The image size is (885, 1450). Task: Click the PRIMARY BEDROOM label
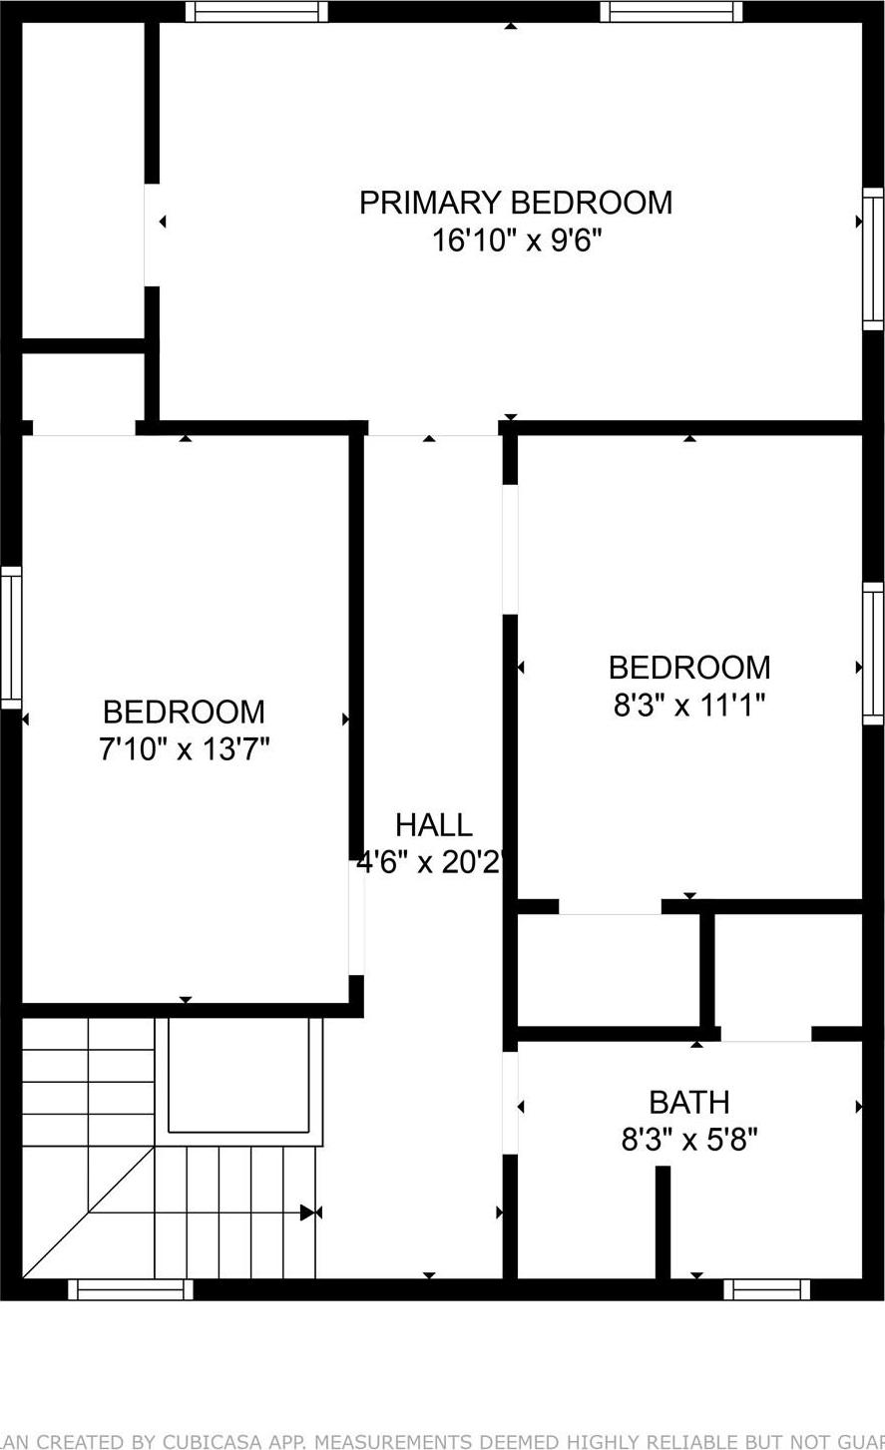tap(515, 203)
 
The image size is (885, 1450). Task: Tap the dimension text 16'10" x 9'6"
tap(516, 241)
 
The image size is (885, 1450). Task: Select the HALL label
tap(433, 825)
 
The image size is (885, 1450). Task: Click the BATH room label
tap(688, 1102)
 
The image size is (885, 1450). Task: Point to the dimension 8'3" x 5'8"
tap(688, 1140)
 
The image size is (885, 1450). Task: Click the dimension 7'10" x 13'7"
tap(185, 748)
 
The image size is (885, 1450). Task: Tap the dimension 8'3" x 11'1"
tap(688, 706)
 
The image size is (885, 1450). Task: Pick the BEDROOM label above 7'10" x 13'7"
tap(185, 712)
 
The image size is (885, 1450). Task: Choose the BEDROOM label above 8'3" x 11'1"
tap(688, 667)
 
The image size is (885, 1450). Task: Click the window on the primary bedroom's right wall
tap(873, 258)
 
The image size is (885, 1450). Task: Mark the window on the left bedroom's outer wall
tap(11, 637)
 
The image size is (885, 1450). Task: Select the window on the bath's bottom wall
tap(766, 1289)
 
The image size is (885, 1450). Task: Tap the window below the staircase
tap(131, 1289)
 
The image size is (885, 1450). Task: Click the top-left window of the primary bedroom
tap(256, 11)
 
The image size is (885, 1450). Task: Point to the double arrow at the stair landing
tap(310, 1212)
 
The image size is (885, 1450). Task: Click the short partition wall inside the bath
tap(663, 1221)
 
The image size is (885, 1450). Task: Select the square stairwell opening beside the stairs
tap(239, 1076)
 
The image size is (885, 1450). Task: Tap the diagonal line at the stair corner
tap(88, 1212)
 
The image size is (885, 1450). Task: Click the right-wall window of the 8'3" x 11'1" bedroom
tap(873, 654)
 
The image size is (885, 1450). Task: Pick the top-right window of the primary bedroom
tap(670, 11)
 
